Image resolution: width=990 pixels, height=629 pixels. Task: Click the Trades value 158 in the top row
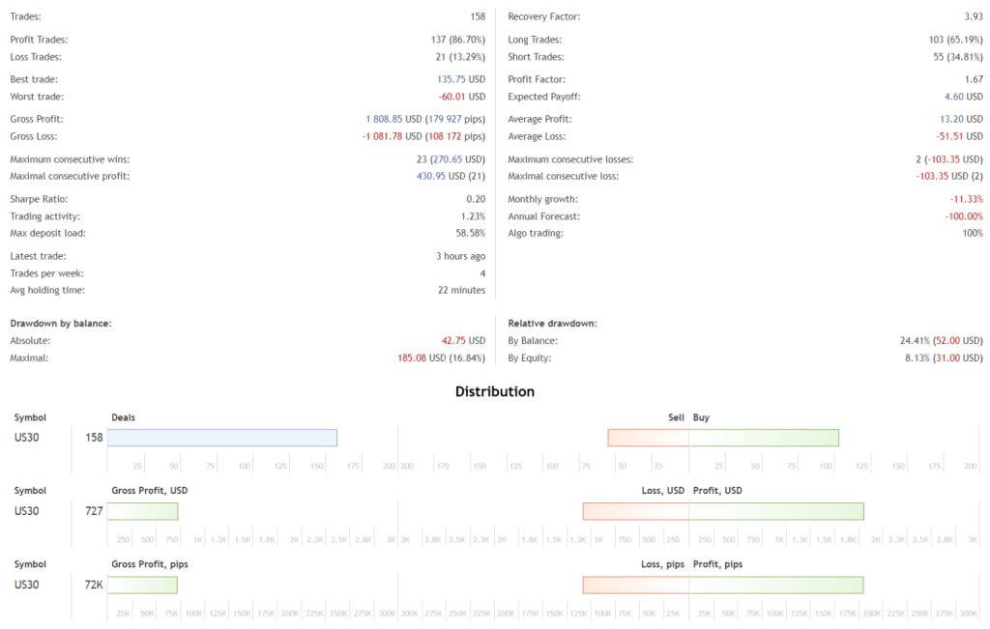point(477,17)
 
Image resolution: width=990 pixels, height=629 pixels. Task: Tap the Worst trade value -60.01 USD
point(461,97)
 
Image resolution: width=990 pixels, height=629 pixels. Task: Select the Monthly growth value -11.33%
point(966,198)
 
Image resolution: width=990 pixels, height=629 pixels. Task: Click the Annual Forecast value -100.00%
point(963,216)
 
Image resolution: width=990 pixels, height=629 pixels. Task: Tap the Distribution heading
point(495,391)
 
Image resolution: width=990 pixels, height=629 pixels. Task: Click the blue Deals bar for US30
point(222,438)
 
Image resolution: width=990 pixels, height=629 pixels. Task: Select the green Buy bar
point(764,438)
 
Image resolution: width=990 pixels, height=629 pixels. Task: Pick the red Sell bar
point(648,438)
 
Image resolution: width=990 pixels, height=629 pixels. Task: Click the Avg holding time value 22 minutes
point(461,290)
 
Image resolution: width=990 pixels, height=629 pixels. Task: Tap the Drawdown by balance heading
point(61,323)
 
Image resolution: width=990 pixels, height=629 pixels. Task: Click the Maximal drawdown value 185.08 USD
point(432,358)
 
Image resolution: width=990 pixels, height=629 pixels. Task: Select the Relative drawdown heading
point(553,323)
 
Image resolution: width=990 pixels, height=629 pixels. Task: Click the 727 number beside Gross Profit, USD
point(94,511)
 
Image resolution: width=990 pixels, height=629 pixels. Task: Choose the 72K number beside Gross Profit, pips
point(93,585)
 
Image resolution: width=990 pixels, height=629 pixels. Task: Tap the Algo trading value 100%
point(972,234)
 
